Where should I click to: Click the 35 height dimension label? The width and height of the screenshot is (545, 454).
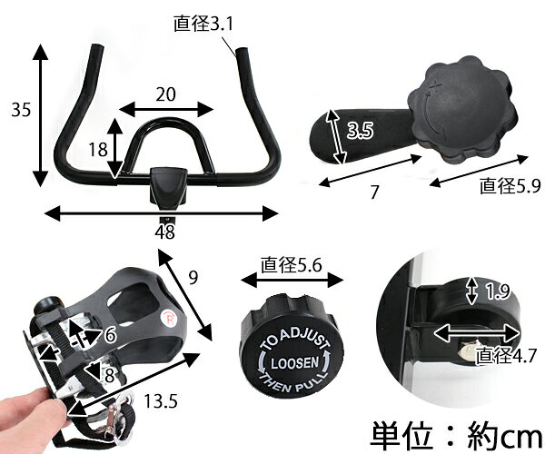click(x=21, y=110)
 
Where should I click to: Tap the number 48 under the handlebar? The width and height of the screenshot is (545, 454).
click(x=164, y=232)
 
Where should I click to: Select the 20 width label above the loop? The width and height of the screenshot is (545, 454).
click(x=165, y=94)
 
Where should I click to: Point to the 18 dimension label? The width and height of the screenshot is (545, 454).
click(x=98, y=150)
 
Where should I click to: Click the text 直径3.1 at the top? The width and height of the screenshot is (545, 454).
click(x=203, y=24)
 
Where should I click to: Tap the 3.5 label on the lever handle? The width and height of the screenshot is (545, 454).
click(x=360, y=130)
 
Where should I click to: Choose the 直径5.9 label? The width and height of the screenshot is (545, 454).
click(x=510, y=185)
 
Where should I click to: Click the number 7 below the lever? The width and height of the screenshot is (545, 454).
click(x=374, y=192)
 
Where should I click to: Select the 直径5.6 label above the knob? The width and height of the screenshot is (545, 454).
click(x=292, y=265)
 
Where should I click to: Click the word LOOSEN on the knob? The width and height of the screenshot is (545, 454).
click(x=294, y=363)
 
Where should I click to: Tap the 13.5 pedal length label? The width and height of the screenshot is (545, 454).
click(x=161, y=401)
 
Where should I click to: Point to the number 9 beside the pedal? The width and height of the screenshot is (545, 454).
click(x=193, y=277)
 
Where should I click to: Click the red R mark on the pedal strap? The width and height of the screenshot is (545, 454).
click(x=169, y=318)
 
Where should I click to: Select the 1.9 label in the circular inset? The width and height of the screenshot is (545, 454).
click(x=498, y=291)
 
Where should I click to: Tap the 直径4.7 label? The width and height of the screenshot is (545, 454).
click(x=506, y=355)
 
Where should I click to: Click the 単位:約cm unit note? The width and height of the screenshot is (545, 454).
click(x=456, y=435)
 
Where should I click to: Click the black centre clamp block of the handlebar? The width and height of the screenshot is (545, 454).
click(x=167, y=186)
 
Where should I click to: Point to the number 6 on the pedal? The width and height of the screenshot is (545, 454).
click(x=110, y=335)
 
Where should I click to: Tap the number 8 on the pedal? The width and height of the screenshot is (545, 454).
click(x=109, y=375)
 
